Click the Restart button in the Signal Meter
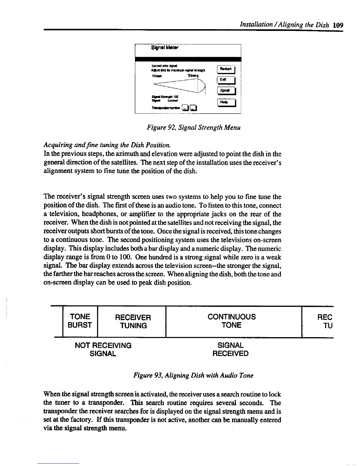(225, 69)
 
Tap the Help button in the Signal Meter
(225, 102)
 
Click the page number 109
(339, 25)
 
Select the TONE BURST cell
(80, 321)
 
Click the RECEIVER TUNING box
(133, 322)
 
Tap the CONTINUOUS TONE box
(231, 321)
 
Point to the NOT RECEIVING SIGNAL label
(103, 349)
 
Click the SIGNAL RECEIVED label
(230, 349)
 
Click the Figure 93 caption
(193, 375)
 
